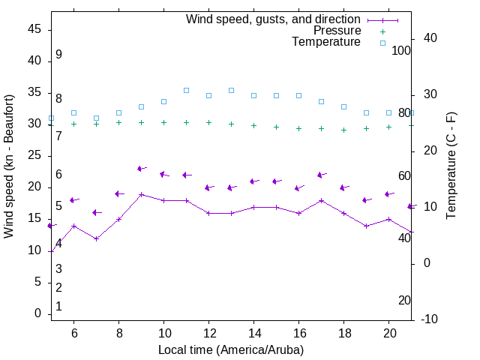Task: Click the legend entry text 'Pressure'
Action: tap(337, 31)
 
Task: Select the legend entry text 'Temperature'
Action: tap(326, 42)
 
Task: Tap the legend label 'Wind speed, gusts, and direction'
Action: tap(274, 19)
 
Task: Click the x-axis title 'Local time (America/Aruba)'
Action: tap(231, 349)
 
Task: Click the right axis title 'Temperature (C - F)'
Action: tap(451, 166)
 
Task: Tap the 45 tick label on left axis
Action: tap(34, 29)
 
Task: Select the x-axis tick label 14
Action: tap(253, 333)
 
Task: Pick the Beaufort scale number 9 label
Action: tap(58, 55)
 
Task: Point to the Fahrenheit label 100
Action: tap(401, 50)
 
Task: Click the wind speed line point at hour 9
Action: tap(141, 194)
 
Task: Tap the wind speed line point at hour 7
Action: tap(96, 238)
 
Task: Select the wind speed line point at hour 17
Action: tap(321, 200)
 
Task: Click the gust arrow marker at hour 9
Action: tap(141, 169)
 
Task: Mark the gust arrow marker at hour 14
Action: tap(253, 181)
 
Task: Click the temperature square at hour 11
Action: tap(186, 90)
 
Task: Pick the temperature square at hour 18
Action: tap(343, 106)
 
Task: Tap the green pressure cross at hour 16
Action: tap(298, 128)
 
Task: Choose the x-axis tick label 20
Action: tap(388, 333)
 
